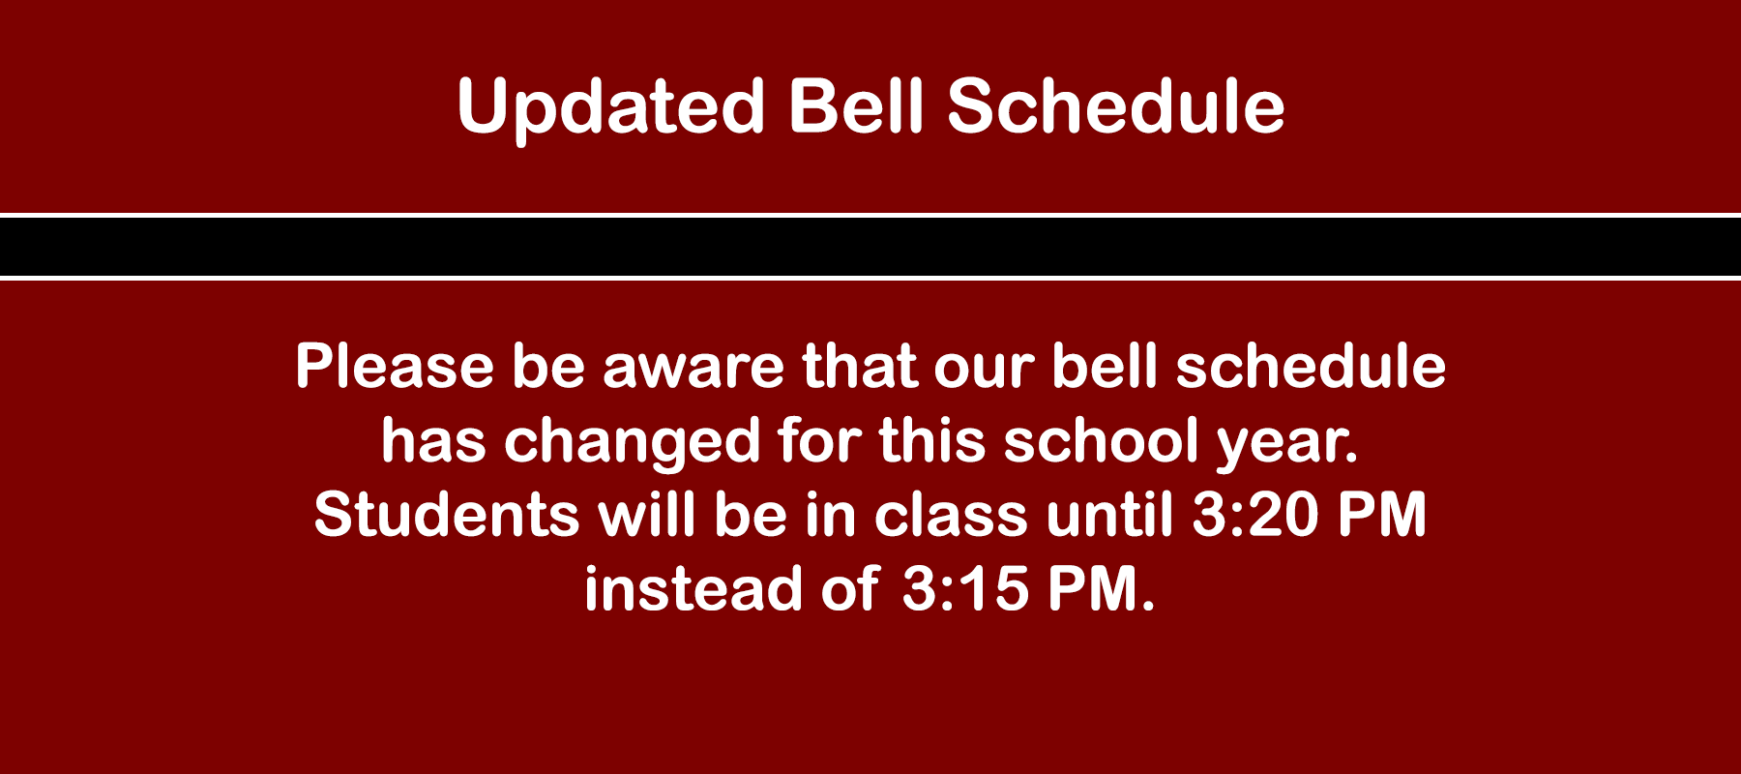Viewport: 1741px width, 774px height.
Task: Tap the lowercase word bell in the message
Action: point(1105,367)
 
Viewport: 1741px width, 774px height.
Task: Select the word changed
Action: point(633,443)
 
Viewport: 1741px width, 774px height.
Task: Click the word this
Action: point(931,440)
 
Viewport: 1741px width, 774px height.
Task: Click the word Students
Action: point(447,515)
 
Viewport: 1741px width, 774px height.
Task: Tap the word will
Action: point(646,515)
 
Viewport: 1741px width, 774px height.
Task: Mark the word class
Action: point(951,515)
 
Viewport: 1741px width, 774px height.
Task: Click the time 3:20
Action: point(1254,515)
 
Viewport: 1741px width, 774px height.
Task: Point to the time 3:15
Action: point(965,589)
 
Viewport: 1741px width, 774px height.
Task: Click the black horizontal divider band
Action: point(870,247)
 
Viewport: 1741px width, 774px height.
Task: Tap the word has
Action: point(433,440)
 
